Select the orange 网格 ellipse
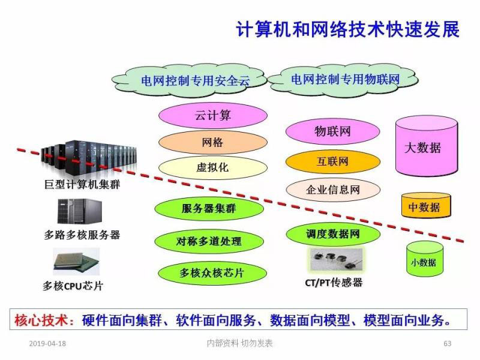[212, 143]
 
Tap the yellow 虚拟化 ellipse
[212, 167]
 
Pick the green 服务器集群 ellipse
[209, 209]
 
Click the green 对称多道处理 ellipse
[209, 241]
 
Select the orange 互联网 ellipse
[332, 161]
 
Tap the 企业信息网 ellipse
[332, 190]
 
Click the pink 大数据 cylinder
[427, 146]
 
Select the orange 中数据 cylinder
[424, 206]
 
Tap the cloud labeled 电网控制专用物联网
[344, 79]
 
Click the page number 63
[447, 344]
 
